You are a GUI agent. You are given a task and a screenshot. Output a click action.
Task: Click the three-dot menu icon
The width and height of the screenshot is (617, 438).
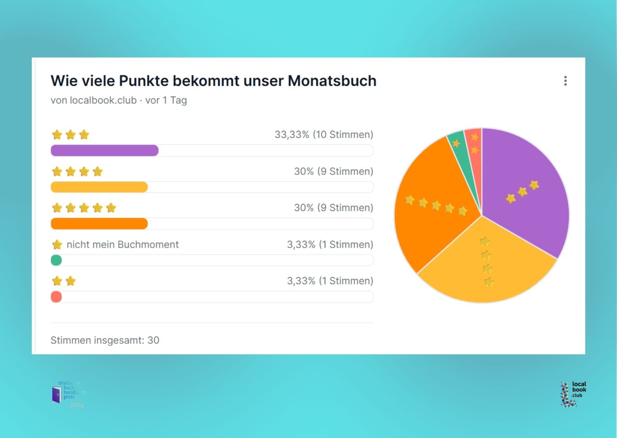[x=565, y=81]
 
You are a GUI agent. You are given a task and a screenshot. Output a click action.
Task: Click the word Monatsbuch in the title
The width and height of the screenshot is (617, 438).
[x=332, y=81]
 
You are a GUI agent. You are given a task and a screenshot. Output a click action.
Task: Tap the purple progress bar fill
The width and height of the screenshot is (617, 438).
[x=104, y=150]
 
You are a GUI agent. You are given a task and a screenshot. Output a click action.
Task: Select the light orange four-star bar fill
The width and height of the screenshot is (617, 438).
[x=99, y=187]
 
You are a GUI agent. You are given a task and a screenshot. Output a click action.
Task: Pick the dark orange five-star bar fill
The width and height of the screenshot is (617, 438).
[x=99, y=224]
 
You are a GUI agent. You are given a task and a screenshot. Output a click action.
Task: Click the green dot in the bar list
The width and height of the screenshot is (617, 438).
[x=56, y=260]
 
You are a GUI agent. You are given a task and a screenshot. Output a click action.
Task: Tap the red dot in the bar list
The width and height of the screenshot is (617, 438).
[x=56, y=297]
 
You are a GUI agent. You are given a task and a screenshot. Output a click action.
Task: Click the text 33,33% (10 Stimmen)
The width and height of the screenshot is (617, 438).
[x=324, y=135]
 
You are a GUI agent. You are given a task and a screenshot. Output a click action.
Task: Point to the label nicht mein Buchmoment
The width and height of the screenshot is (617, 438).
[x=122, y=244]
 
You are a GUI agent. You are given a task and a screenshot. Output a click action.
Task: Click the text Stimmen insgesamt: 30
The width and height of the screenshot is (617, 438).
[x=105, y=340]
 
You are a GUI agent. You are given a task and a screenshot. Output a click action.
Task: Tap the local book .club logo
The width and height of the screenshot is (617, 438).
[x=573, y=394]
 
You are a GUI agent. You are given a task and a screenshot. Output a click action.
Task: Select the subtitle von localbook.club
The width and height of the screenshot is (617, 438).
[x=94, y=100]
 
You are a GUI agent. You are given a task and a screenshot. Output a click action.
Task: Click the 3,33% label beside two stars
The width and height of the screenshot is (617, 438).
[x=330, y=281]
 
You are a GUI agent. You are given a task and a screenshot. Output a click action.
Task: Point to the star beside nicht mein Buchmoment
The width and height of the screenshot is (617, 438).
[x=57, y=244]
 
